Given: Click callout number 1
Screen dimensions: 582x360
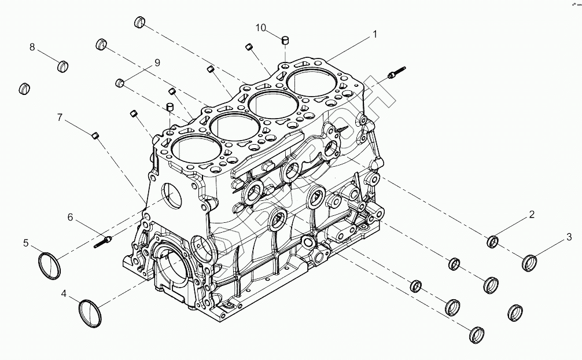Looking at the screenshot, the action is pyautogui.click(x=374, y=35).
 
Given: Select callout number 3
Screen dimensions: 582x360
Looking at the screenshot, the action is pyautogui.click(x=569, y=237).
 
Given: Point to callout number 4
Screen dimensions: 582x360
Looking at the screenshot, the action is pyautogui.click(x=64, y=294).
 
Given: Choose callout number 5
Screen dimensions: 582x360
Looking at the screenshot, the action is pyautogui.click(x=26, y=243).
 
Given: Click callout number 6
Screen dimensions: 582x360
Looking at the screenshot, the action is pyautogui.click(x=70, y=217).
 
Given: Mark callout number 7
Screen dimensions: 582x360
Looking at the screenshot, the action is pyautogui.click(x=60, y=117).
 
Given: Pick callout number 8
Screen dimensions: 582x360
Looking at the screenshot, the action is pyautogui.click(x=32, y=47).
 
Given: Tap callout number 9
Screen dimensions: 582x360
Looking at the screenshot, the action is pyautogui.click(x=156, y=63).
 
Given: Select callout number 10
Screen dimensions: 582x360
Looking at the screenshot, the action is pyautogui.click(x=261, y=28).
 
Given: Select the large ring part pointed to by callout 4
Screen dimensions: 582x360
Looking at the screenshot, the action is pyautogui.click(x=90, y=313).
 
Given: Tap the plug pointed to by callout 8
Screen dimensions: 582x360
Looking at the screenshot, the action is pyautogui.click(x=64, y=66).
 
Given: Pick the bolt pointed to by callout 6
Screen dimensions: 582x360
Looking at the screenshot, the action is pyautogui.click(x=102, y=240).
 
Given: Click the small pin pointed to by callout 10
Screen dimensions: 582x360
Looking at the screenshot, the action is pyautogui.click(x=285, y=41).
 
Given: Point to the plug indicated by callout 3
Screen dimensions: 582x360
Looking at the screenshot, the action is pyautogui.click(x=529, y=262).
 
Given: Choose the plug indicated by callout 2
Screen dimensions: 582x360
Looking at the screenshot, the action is pyautogui.click(x=493, y=241).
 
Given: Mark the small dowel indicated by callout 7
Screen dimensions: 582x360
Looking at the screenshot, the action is pyautogui.click(x=96, y=136).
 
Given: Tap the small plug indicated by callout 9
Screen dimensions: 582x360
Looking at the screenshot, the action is pyautogui.click(x=120, y=82).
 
